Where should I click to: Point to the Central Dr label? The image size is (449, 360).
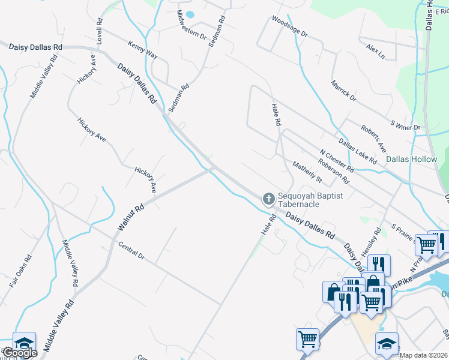coord(132,251)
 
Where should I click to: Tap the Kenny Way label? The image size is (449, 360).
coord(143,50)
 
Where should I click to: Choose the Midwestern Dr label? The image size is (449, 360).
coord(192,25)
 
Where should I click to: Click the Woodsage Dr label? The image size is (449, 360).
coord(289,27)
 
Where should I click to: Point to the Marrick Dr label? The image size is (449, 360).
coord(343,90)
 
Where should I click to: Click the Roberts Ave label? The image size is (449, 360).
coord(373,138)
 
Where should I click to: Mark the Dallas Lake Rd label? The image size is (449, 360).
coord(357,151)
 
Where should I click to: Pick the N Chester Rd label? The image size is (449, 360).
coord(337,160)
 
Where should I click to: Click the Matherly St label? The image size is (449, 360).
coord(307,172)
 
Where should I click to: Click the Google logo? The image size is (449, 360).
coord(19,353)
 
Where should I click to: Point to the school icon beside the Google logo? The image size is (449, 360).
coord(24,343)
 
